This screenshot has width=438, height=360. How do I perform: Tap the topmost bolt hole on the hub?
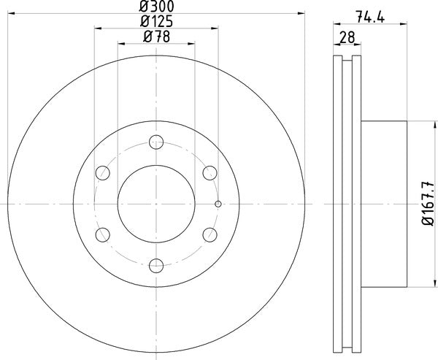point(156,142)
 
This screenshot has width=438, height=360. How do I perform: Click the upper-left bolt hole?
point(103,173)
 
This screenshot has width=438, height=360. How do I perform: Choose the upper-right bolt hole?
point(210,173)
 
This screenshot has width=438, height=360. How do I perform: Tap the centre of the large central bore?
point(156,204)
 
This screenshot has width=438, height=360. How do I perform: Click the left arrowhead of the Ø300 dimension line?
point(9,13)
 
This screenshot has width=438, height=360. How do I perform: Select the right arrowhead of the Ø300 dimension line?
point(301,13)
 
